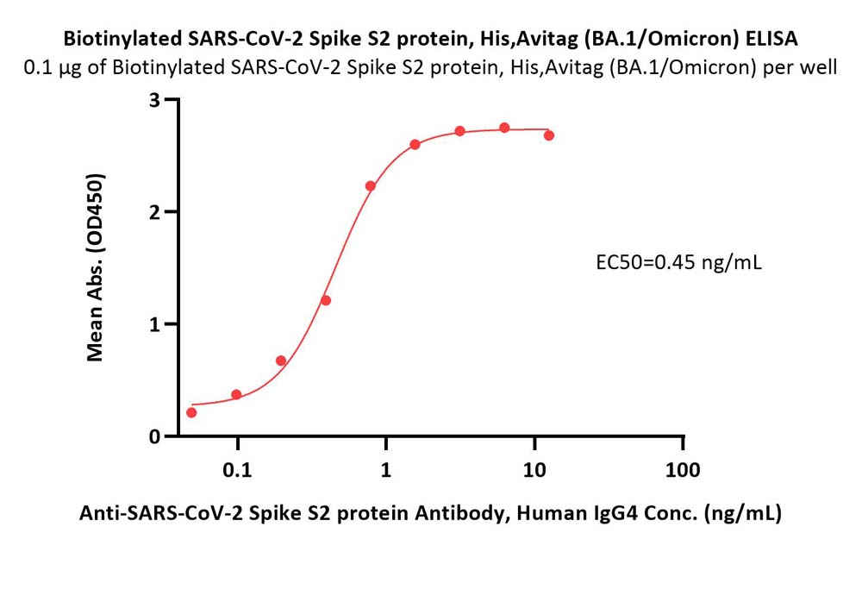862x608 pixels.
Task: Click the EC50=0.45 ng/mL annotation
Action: pos(679,262)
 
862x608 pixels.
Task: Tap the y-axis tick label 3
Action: pos(154,100)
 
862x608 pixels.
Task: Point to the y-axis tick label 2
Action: pos(154,212)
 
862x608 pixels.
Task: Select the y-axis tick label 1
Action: pos(154,324)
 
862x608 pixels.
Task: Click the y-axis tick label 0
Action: pos(154,436)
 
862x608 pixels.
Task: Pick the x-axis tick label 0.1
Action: pos(237,470)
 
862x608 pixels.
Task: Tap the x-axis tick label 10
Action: pos(534,470)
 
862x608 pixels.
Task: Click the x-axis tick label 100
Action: pos(683,470)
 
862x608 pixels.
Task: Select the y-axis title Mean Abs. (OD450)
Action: pos(95,267)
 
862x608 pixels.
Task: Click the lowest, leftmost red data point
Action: pos(191,413)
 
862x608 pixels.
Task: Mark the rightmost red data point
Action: pos(548,135)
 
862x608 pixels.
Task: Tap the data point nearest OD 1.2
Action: pos(326,300)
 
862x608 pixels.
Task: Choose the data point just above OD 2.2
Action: pos(370,186)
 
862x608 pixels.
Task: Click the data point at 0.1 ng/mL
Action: pos(236,394)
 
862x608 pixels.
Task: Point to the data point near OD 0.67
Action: pos(281,361)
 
